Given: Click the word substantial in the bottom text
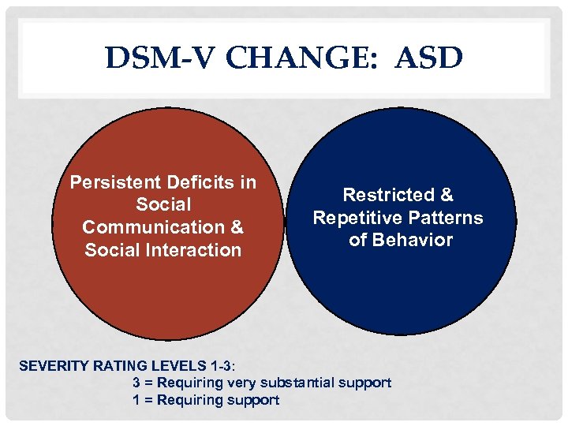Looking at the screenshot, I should (300, 383).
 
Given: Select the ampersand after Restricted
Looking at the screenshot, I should (447, 195).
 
